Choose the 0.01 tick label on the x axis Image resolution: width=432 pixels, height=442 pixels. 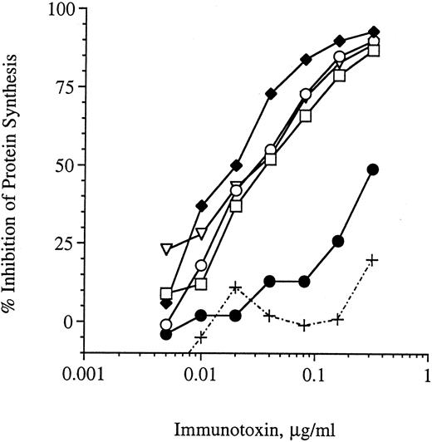pos(199,374)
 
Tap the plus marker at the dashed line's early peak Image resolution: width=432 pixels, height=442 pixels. pos(236,287)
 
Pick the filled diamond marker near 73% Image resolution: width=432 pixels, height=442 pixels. pos(270,93)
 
